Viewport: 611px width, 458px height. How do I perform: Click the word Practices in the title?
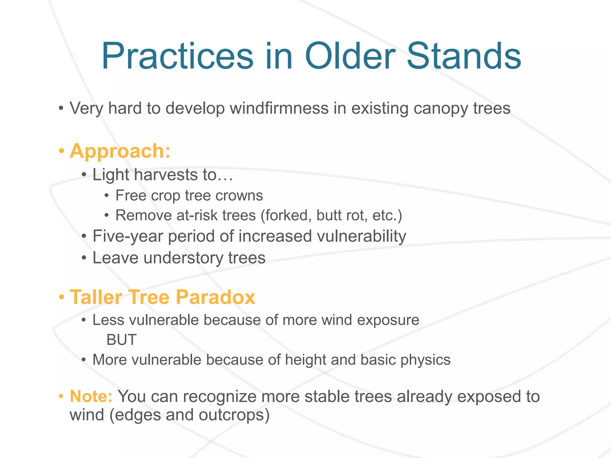(178, 57)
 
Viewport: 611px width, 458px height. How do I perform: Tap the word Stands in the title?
(464, 57)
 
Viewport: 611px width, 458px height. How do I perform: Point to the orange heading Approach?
(120, 151)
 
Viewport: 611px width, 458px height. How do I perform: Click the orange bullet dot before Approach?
(61, 151)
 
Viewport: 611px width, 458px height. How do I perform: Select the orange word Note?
(91, 397)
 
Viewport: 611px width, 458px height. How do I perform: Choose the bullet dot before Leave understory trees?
(84, 258)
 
